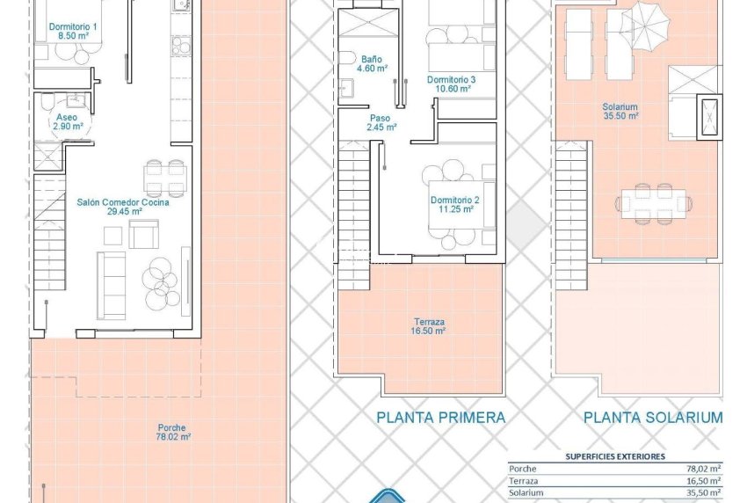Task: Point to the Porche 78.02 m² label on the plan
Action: click(x=173, y=433)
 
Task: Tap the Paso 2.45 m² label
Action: click(x=381, y=122)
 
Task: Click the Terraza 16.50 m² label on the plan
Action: click(x=428, y=326)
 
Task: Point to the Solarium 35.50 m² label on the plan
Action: click(x=620, y=109)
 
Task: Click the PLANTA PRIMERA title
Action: click(x=441, y=418)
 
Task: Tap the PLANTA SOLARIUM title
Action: click(x=653, y=418)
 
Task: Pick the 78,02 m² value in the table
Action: click(x=703, y=469)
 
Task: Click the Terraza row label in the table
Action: click(x=525, y=481)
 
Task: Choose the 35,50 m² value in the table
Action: click(x=703, y=493)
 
